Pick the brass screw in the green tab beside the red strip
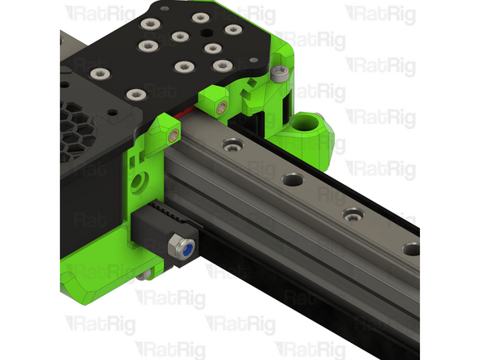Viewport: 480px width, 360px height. pos(221,105)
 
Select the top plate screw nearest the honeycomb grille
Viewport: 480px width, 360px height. pos(100,75)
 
